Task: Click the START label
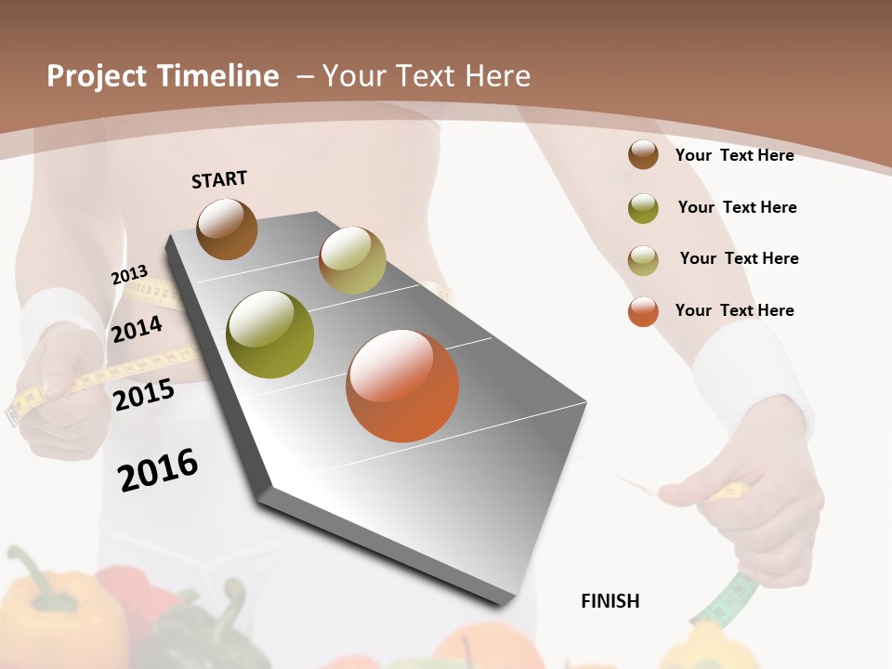coord(219,179)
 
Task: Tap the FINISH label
coord(610,601)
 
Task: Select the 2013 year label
coord(129,275)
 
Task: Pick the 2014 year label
coord(137,329)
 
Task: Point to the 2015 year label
coord(144,395)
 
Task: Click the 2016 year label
coord(158,470)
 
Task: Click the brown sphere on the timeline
coord(227,229)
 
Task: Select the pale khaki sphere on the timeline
coord(352,260)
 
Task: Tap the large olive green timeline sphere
coord(270,334)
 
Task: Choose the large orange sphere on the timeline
coord(402,386)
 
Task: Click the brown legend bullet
coord(643,154)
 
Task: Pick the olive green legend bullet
coord(643,208)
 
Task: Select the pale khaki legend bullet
coord(643,260)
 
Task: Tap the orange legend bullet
coord(643,311)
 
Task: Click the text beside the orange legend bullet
coord(734,310)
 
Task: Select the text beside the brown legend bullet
coord(734,155)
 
